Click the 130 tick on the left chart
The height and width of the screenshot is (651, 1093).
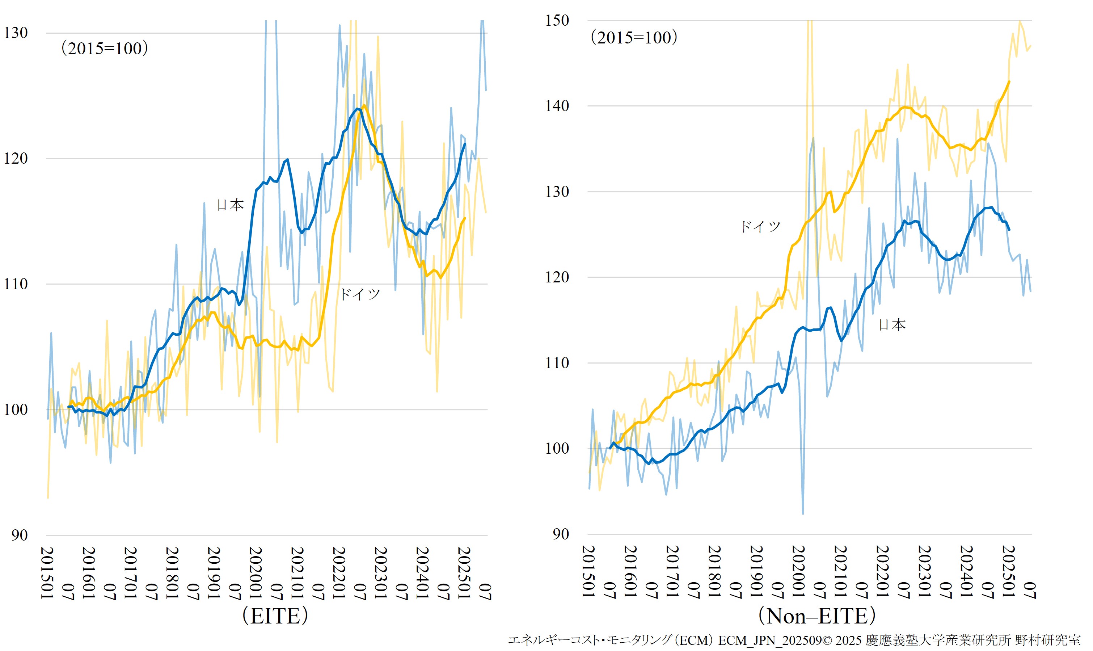[16, 33]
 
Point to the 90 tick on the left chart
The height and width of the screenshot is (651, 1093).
[19, 535]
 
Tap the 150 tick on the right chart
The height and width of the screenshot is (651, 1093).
[557, 21]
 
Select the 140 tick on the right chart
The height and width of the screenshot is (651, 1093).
[557, 106]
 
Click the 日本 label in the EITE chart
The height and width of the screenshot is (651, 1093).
[230, 205]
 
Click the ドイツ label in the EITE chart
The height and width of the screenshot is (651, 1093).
[360, 294]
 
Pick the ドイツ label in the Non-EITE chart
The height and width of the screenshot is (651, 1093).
[761, 226]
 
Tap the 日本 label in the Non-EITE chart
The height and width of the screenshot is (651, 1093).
[892, 325]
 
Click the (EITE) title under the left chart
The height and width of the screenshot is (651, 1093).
[275, 616]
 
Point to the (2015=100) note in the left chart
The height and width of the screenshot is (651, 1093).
[104, 48]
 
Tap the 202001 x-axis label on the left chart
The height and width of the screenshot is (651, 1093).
[255, 572]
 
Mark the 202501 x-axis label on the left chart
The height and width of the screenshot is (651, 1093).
[464, 572]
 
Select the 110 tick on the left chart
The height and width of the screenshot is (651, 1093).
[16, 284]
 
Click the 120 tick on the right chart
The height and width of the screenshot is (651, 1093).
[557, 277]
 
